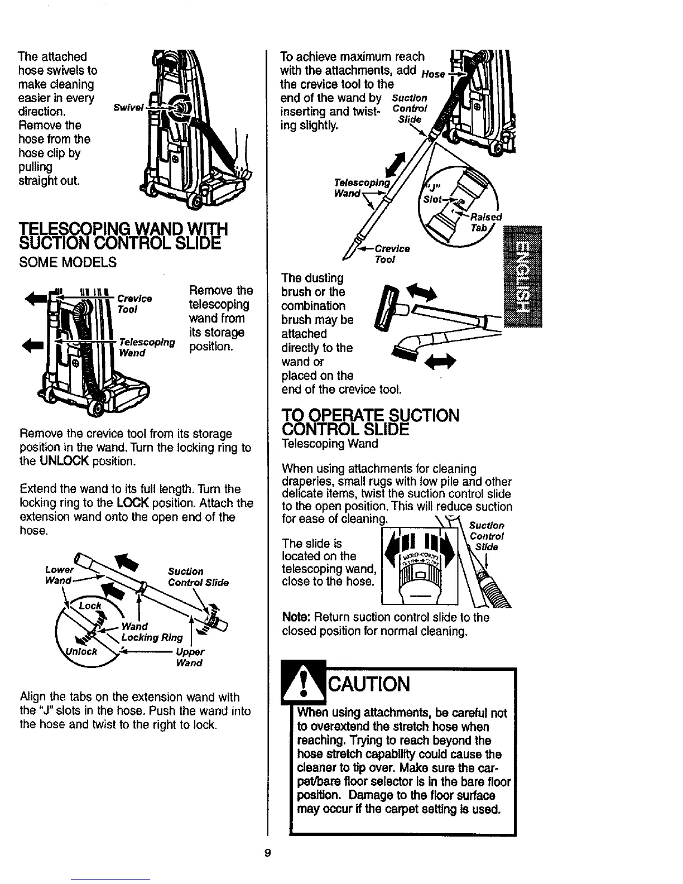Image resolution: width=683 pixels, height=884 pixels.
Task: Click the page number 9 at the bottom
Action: [267, 853]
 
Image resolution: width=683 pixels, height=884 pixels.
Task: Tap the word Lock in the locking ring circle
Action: [90, 606]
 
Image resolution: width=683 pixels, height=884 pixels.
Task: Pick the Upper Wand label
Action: [189, 657]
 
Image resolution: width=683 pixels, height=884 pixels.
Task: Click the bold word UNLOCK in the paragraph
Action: [70, 462]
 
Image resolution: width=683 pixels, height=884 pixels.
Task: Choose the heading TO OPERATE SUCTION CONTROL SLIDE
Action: [371, 423]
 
